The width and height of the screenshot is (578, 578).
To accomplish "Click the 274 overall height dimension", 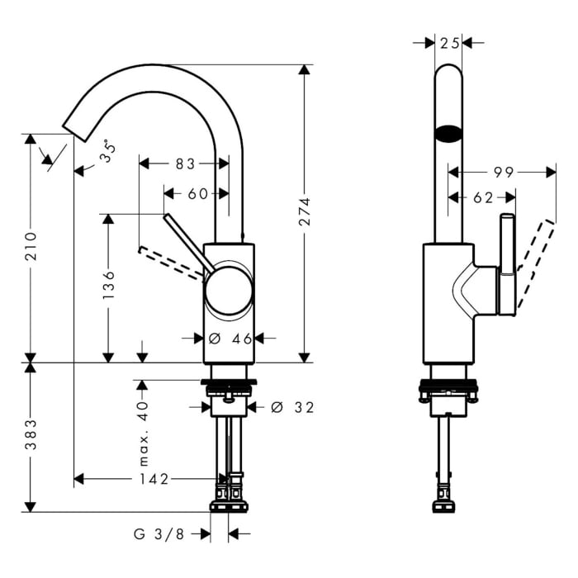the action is click(305, 211).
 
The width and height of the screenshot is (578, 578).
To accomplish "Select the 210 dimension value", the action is click(31, 246).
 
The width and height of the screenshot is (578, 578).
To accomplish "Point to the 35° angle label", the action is click(108, 151).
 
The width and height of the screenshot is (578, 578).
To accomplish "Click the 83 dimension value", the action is click(185, 163).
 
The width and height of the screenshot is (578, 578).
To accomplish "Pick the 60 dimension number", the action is click(198, 193).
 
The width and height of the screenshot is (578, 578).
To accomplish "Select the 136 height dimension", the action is click(109, 285).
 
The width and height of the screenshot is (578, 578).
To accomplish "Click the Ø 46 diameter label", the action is click(230, 339).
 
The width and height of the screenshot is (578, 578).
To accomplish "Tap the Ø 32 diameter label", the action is click(292, 407).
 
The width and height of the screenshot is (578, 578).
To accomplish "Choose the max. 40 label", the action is click(143, 433).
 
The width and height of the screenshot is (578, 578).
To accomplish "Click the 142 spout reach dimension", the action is click(154, 479).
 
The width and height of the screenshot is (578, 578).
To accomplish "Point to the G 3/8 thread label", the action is click(159, 533).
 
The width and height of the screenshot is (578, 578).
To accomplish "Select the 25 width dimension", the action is click(450, 44).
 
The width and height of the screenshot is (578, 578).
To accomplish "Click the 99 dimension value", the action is click(504, 172).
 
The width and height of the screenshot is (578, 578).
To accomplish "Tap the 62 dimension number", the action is click(483, 198).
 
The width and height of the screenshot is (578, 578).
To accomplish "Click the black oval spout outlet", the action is click(448, 134).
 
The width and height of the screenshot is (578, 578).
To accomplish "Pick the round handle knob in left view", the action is click(229, 291).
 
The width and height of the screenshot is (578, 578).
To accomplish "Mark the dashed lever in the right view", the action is click(535, 264).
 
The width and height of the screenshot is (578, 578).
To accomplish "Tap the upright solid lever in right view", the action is click(507, 264).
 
